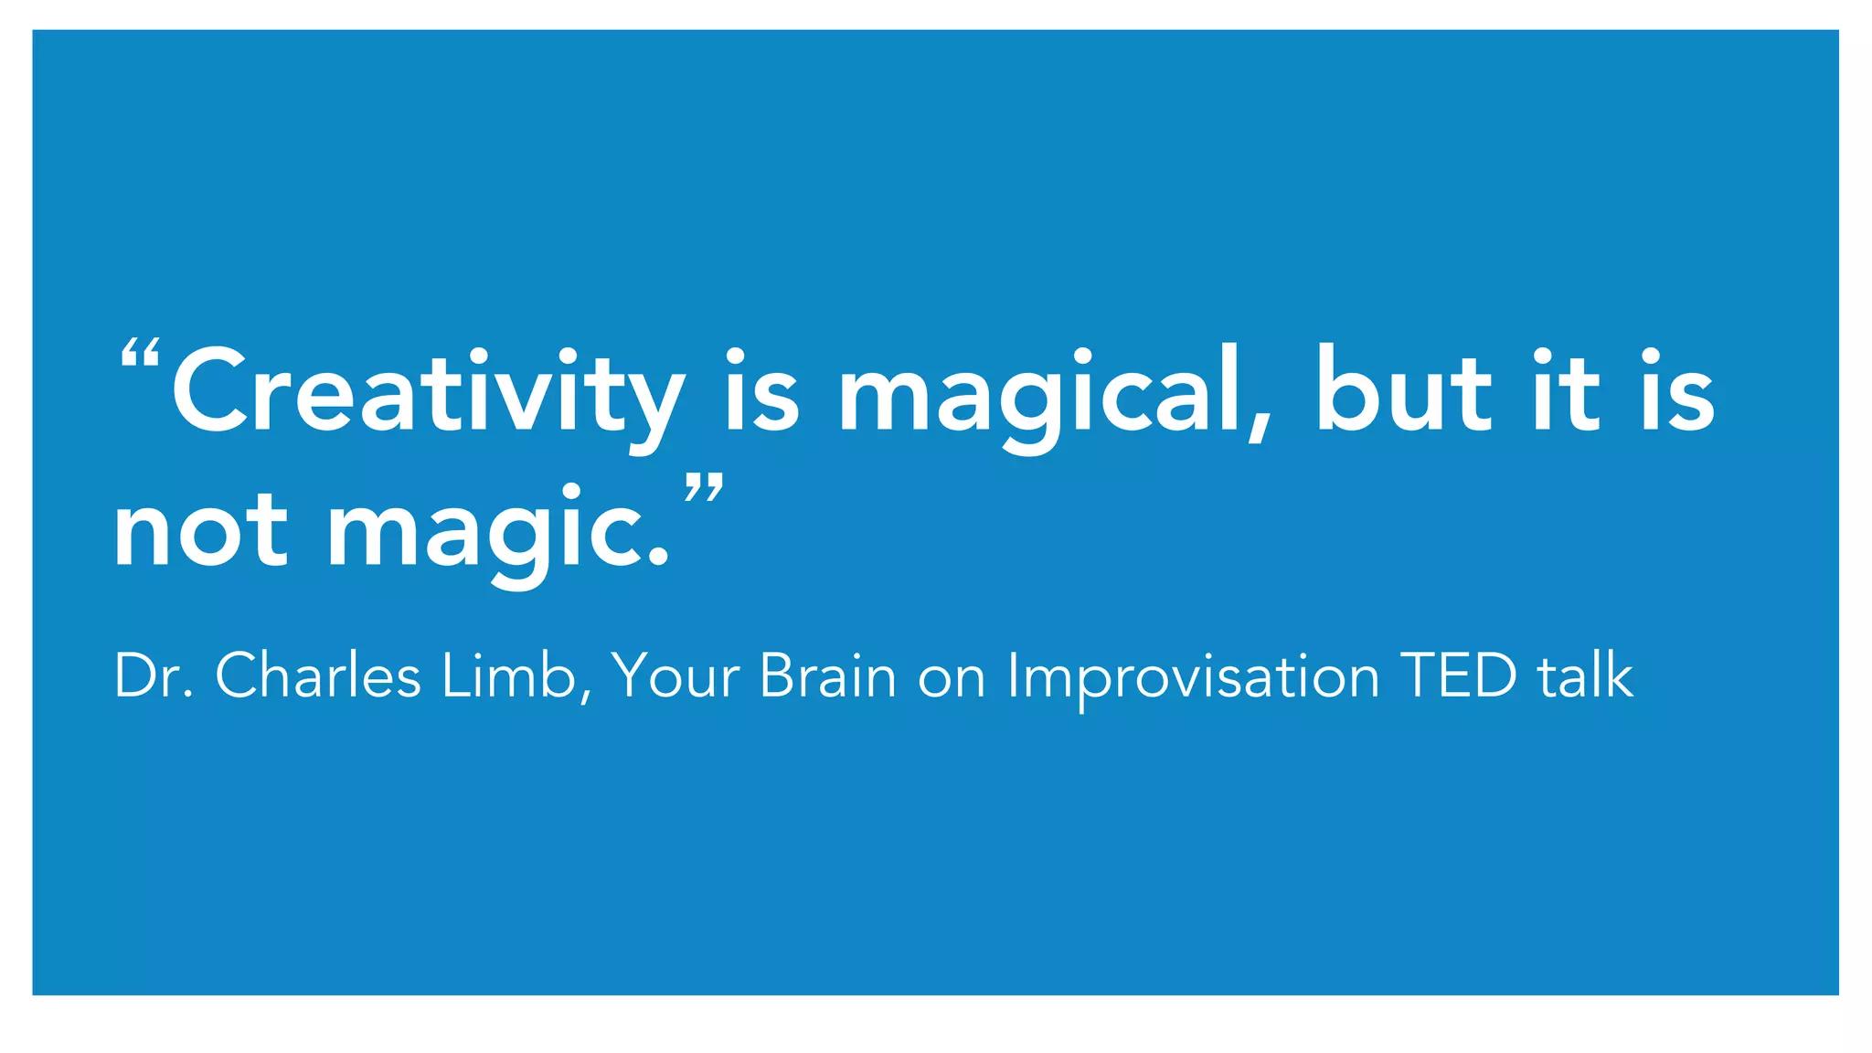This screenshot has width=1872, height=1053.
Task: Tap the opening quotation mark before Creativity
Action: [141, 353]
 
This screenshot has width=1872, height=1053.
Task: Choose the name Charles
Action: [318, 677]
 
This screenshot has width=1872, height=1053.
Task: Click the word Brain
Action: [827, 677]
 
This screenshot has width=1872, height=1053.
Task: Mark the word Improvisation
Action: [1192, 677]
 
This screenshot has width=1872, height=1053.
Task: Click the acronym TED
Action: [1459, 677]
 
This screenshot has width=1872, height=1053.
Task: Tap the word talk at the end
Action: [1585, 677]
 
